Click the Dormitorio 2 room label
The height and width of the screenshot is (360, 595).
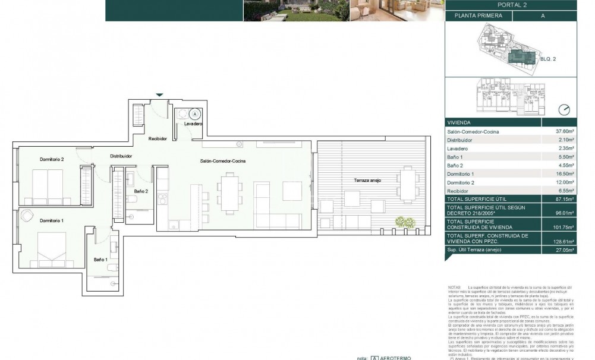52,159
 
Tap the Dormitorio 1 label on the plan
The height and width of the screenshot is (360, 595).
52,220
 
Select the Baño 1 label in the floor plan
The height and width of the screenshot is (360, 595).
100,260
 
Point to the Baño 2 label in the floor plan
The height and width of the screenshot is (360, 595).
141,191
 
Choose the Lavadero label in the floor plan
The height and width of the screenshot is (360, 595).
193,125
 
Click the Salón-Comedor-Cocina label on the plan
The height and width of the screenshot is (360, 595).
222,161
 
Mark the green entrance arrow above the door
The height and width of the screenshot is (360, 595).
158,95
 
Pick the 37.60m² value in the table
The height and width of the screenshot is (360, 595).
563,131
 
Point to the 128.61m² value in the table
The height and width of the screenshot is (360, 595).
563,242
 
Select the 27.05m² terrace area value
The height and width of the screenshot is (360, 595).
563,251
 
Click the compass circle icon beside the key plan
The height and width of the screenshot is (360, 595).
564,109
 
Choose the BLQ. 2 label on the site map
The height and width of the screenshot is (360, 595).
549,59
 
